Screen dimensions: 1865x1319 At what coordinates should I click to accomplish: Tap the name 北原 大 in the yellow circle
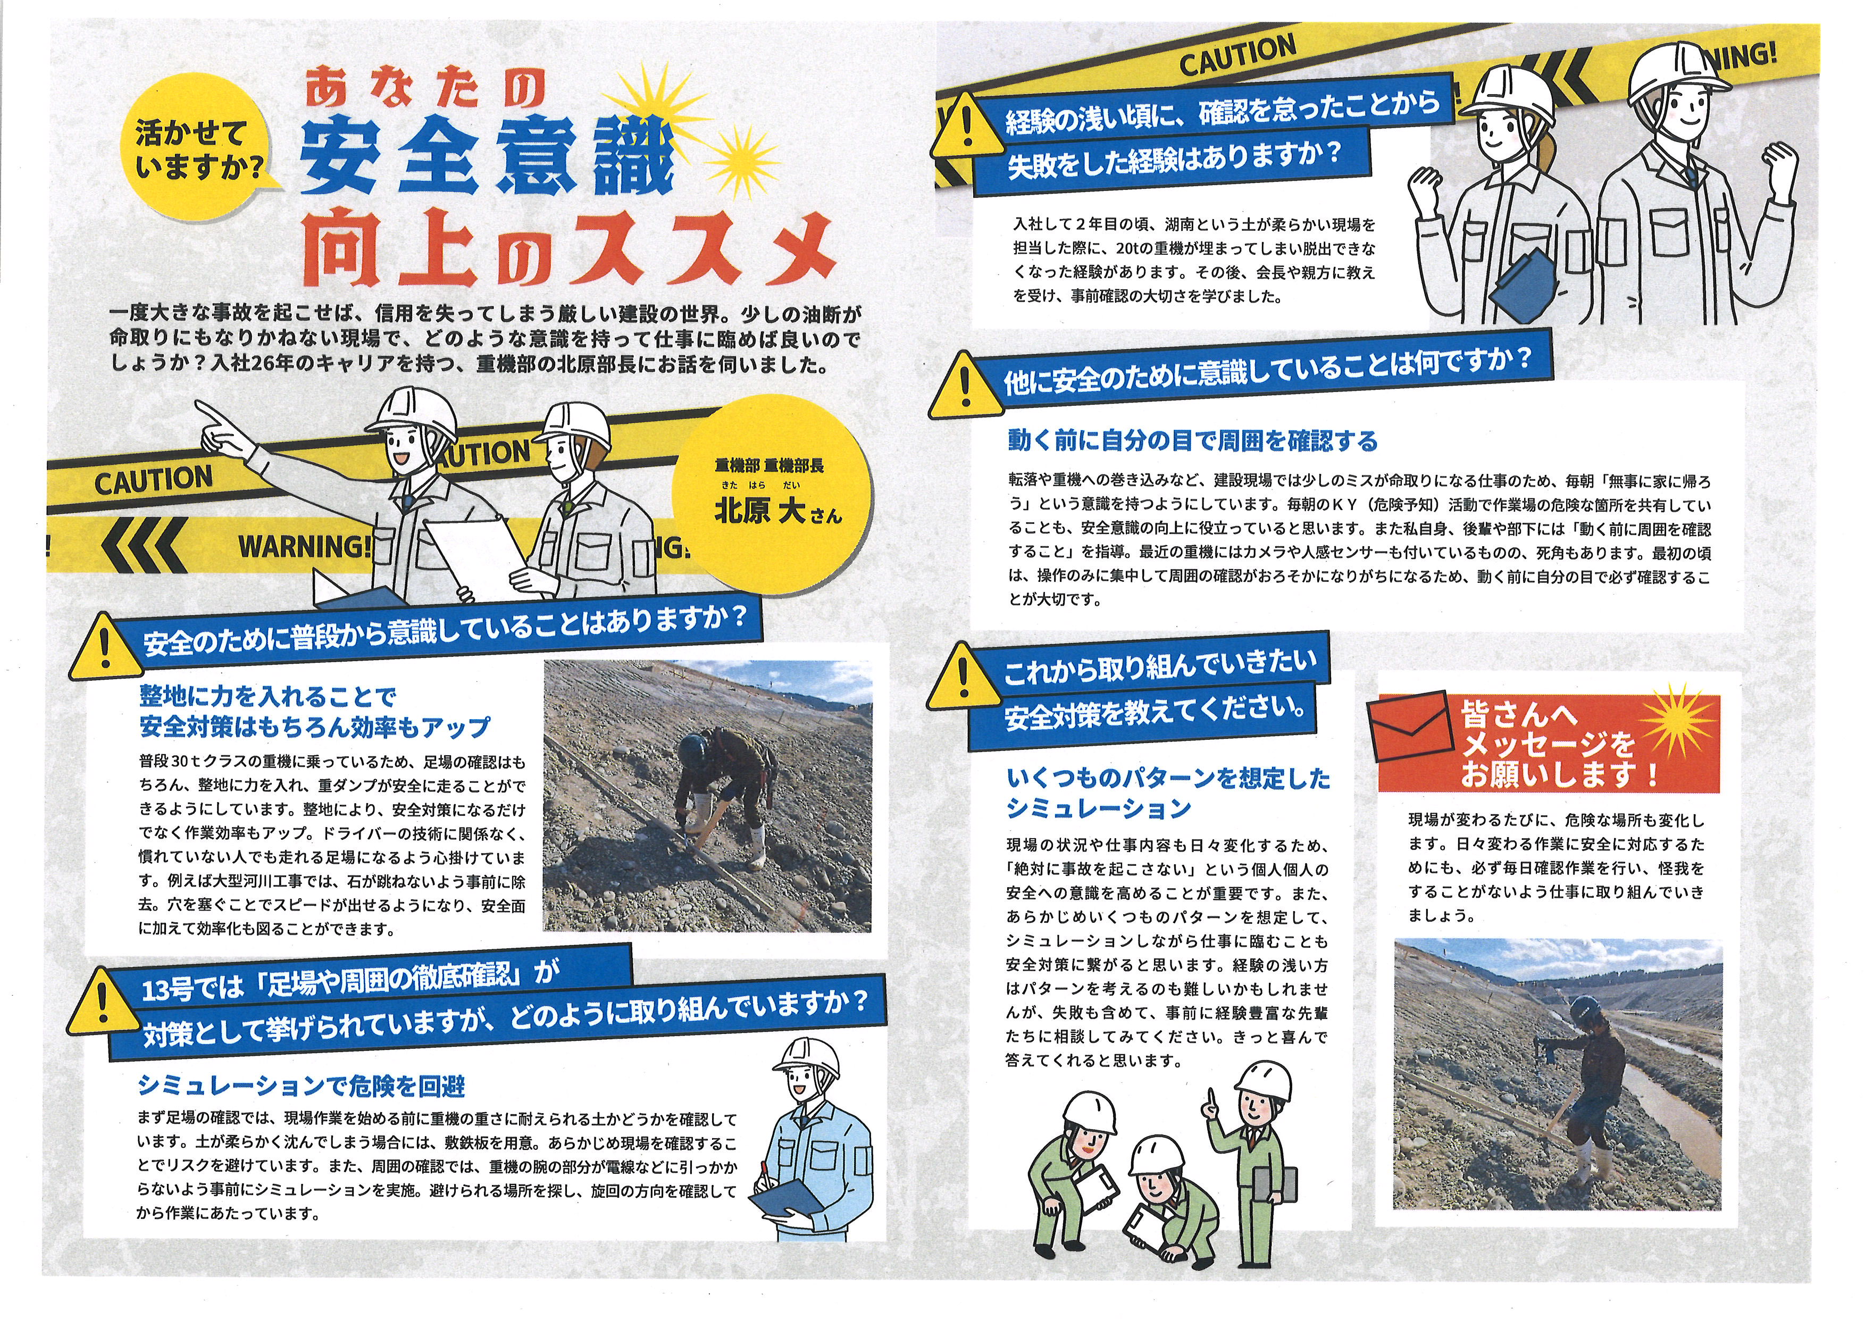point(759,511)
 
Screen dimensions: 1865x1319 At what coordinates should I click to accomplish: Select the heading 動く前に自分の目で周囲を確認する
point(1192,441)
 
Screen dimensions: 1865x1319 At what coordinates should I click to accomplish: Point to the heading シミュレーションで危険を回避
point(302,1085)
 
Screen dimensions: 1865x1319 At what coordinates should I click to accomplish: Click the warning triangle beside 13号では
point(102,1000)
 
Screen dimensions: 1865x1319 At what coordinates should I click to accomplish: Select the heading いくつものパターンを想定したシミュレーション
point(1168,792)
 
